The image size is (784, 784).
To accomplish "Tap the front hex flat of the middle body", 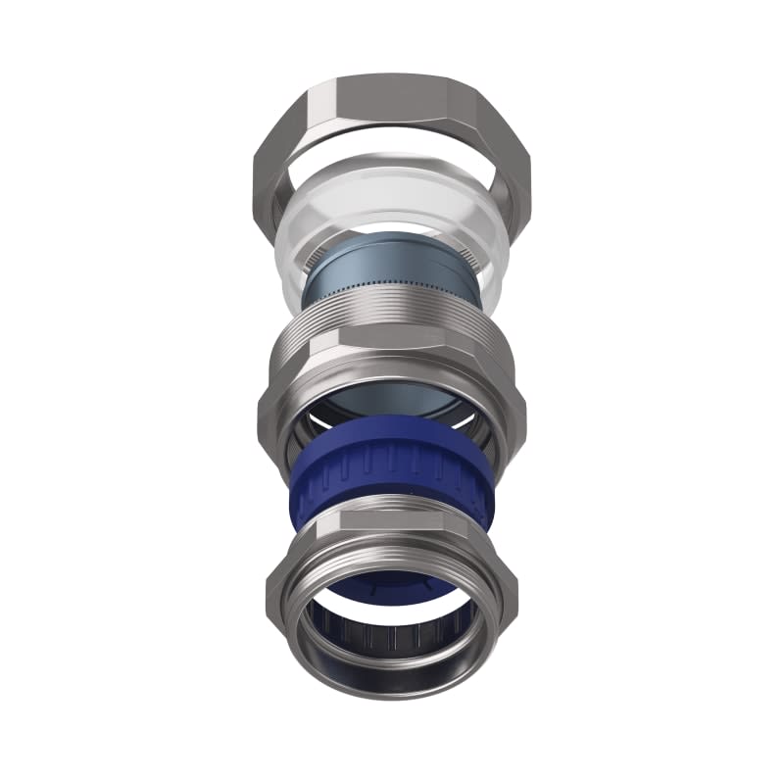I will (x=392, y=367).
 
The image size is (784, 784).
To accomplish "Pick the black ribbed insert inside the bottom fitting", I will (x=392, y=637).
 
